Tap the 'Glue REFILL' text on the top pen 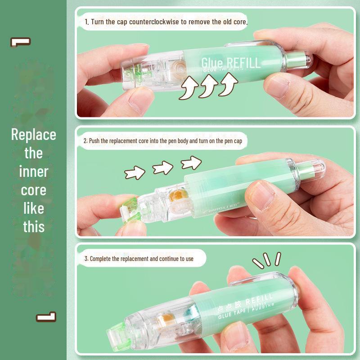(230, 62)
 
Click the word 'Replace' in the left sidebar (34, 135)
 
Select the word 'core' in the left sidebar (34, 190)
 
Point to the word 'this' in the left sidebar (34, 226)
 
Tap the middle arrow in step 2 (162, 168)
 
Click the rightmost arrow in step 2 (191, 162)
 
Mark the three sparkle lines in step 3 (266, 260)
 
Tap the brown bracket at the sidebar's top (20, 42)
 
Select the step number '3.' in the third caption (86, 259)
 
